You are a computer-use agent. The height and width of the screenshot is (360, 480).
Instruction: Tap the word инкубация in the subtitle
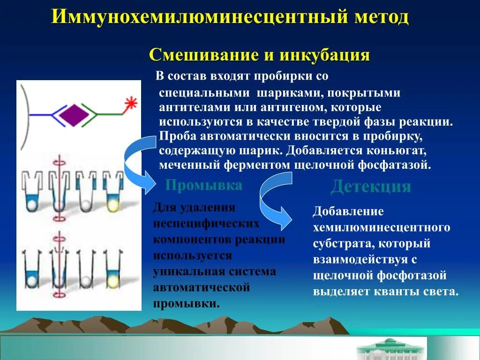(x=325, y=55)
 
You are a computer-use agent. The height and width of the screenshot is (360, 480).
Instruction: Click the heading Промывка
(x=204, y=186)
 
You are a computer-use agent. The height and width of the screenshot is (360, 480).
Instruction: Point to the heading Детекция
(x=371, y=187)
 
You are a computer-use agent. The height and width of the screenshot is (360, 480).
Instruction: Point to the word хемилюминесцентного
(x=382, y=228)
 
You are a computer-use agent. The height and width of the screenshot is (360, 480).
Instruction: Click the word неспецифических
(x=206, y=224)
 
